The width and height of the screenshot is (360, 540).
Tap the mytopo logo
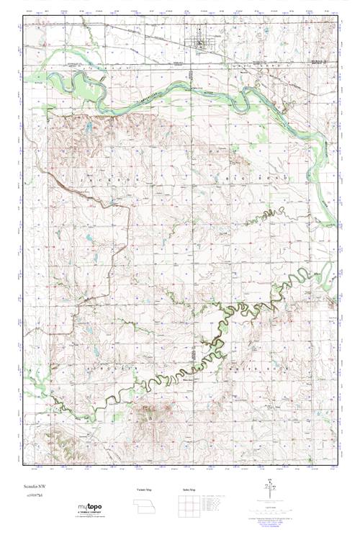tap(89, 508)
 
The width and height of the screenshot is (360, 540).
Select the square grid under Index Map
tap(189, 507)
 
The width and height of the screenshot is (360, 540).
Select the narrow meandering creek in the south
tap(180, 374)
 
